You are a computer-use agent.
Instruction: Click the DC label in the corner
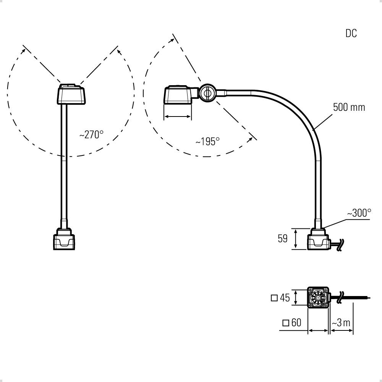point(351,33)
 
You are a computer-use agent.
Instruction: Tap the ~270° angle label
point(91,135)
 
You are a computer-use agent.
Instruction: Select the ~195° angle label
point(207,142)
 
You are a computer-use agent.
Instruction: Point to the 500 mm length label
point(349,107)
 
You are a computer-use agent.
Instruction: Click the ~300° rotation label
point(359,213)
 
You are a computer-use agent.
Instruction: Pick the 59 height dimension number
point(282,239)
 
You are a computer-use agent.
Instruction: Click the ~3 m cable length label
point(341,323)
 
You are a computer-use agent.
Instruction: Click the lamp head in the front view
point(71,94)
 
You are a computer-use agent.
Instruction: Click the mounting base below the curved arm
point(318,240)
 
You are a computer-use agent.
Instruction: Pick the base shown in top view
point(318,298)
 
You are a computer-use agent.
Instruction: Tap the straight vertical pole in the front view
point(64,164)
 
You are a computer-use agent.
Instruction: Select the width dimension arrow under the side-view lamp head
point(177,117)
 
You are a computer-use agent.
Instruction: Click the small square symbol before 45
point(274,298)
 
